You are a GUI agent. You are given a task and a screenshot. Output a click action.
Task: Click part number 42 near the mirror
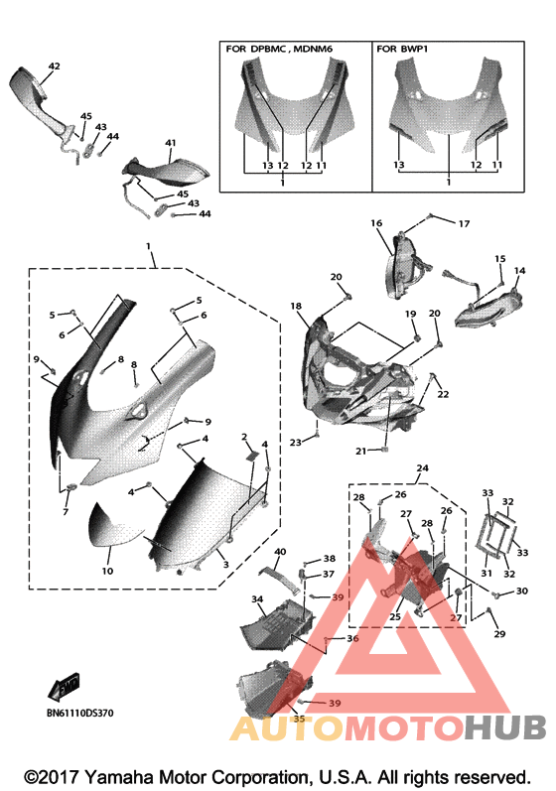tap(54, 66)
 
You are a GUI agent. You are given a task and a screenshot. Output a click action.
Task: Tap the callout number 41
tap(171, 143)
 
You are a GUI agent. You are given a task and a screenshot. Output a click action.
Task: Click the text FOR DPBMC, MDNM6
tap(279, 49)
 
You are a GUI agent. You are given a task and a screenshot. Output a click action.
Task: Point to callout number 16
tap(376, 223)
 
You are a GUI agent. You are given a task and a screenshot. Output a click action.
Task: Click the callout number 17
tap(464, 223)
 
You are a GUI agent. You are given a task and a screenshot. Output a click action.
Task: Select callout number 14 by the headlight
tap(519, 270)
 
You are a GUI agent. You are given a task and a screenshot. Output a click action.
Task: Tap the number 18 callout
tap(296, 306)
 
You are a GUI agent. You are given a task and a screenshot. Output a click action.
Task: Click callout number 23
tap(296, 443)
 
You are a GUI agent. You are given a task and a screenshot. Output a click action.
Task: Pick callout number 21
tap(360, 451)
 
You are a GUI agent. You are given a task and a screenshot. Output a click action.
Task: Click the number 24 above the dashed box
tap(422, 468)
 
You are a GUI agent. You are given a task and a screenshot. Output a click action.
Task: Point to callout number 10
tap(107, 571)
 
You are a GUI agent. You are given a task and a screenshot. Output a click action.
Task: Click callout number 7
tap(66, 512)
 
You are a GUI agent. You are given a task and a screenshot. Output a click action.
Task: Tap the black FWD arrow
tap(65, 687)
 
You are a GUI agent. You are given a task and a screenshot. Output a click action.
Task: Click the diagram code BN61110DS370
tap(79, 713)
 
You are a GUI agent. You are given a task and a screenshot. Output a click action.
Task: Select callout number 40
tap(280, 552)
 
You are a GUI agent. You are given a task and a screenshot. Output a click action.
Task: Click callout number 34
tap(257, 599)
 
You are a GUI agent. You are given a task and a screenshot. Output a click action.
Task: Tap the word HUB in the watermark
tap(505, 727)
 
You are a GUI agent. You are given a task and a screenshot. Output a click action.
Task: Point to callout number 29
tap(499, 633)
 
